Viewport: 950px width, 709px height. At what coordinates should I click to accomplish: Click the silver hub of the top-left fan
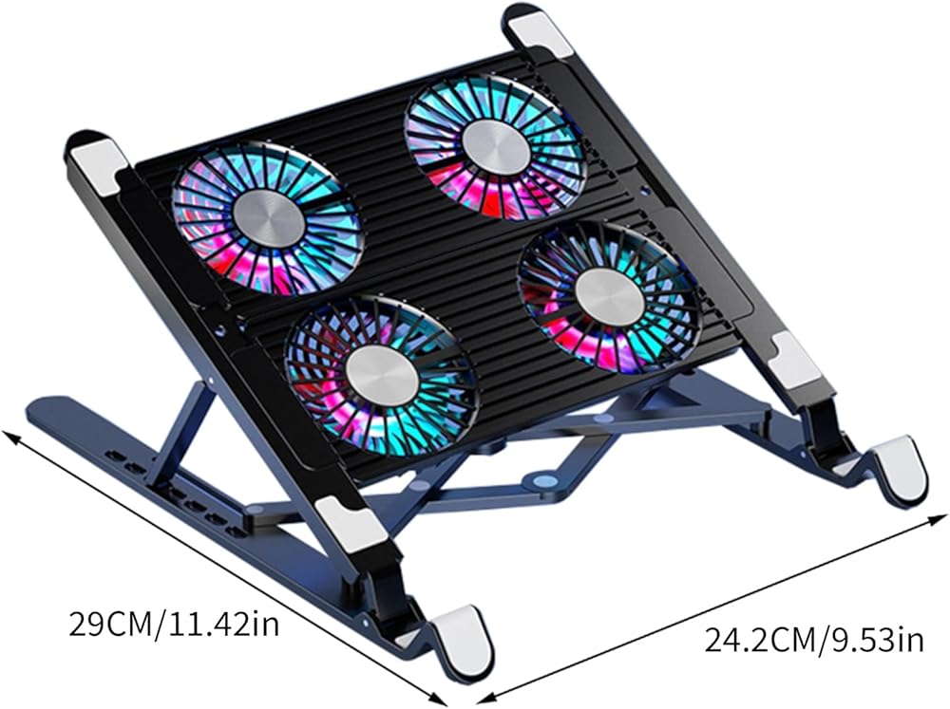point(269,215)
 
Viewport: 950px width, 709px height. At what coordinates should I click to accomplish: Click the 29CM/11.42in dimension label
point(174,625)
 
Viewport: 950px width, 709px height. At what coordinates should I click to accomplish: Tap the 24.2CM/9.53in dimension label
point(814,640)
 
